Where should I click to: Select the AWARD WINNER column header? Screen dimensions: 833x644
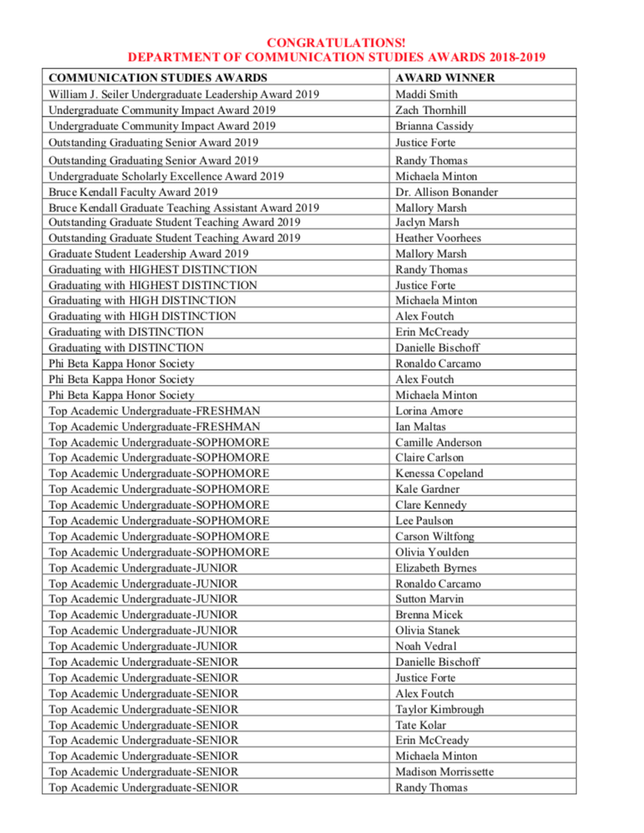445,77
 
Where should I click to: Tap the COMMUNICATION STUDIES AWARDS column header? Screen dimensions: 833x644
157,77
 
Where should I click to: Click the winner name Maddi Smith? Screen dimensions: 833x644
426,95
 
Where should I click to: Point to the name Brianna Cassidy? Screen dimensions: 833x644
434,126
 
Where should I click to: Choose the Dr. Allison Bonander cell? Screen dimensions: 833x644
446,192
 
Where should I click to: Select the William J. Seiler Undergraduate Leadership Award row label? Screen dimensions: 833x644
184,95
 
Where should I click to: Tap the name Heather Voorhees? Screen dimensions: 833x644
438,238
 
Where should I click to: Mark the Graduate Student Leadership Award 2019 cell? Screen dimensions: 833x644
148,254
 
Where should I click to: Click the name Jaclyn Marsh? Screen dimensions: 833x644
427,223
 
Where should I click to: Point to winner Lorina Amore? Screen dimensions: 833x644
429,410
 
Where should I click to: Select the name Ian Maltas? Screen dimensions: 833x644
420,426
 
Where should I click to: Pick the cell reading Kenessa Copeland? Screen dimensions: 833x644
439,474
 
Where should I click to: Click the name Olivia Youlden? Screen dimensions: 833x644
432,552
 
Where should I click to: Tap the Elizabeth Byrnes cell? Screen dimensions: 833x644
436,568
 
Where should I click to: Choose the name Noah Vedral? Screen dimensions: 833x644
426,647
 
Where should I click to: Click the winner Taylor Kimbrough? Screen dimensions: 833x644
439,709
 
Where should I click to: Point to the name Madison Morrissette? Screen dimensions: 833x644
445,772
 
